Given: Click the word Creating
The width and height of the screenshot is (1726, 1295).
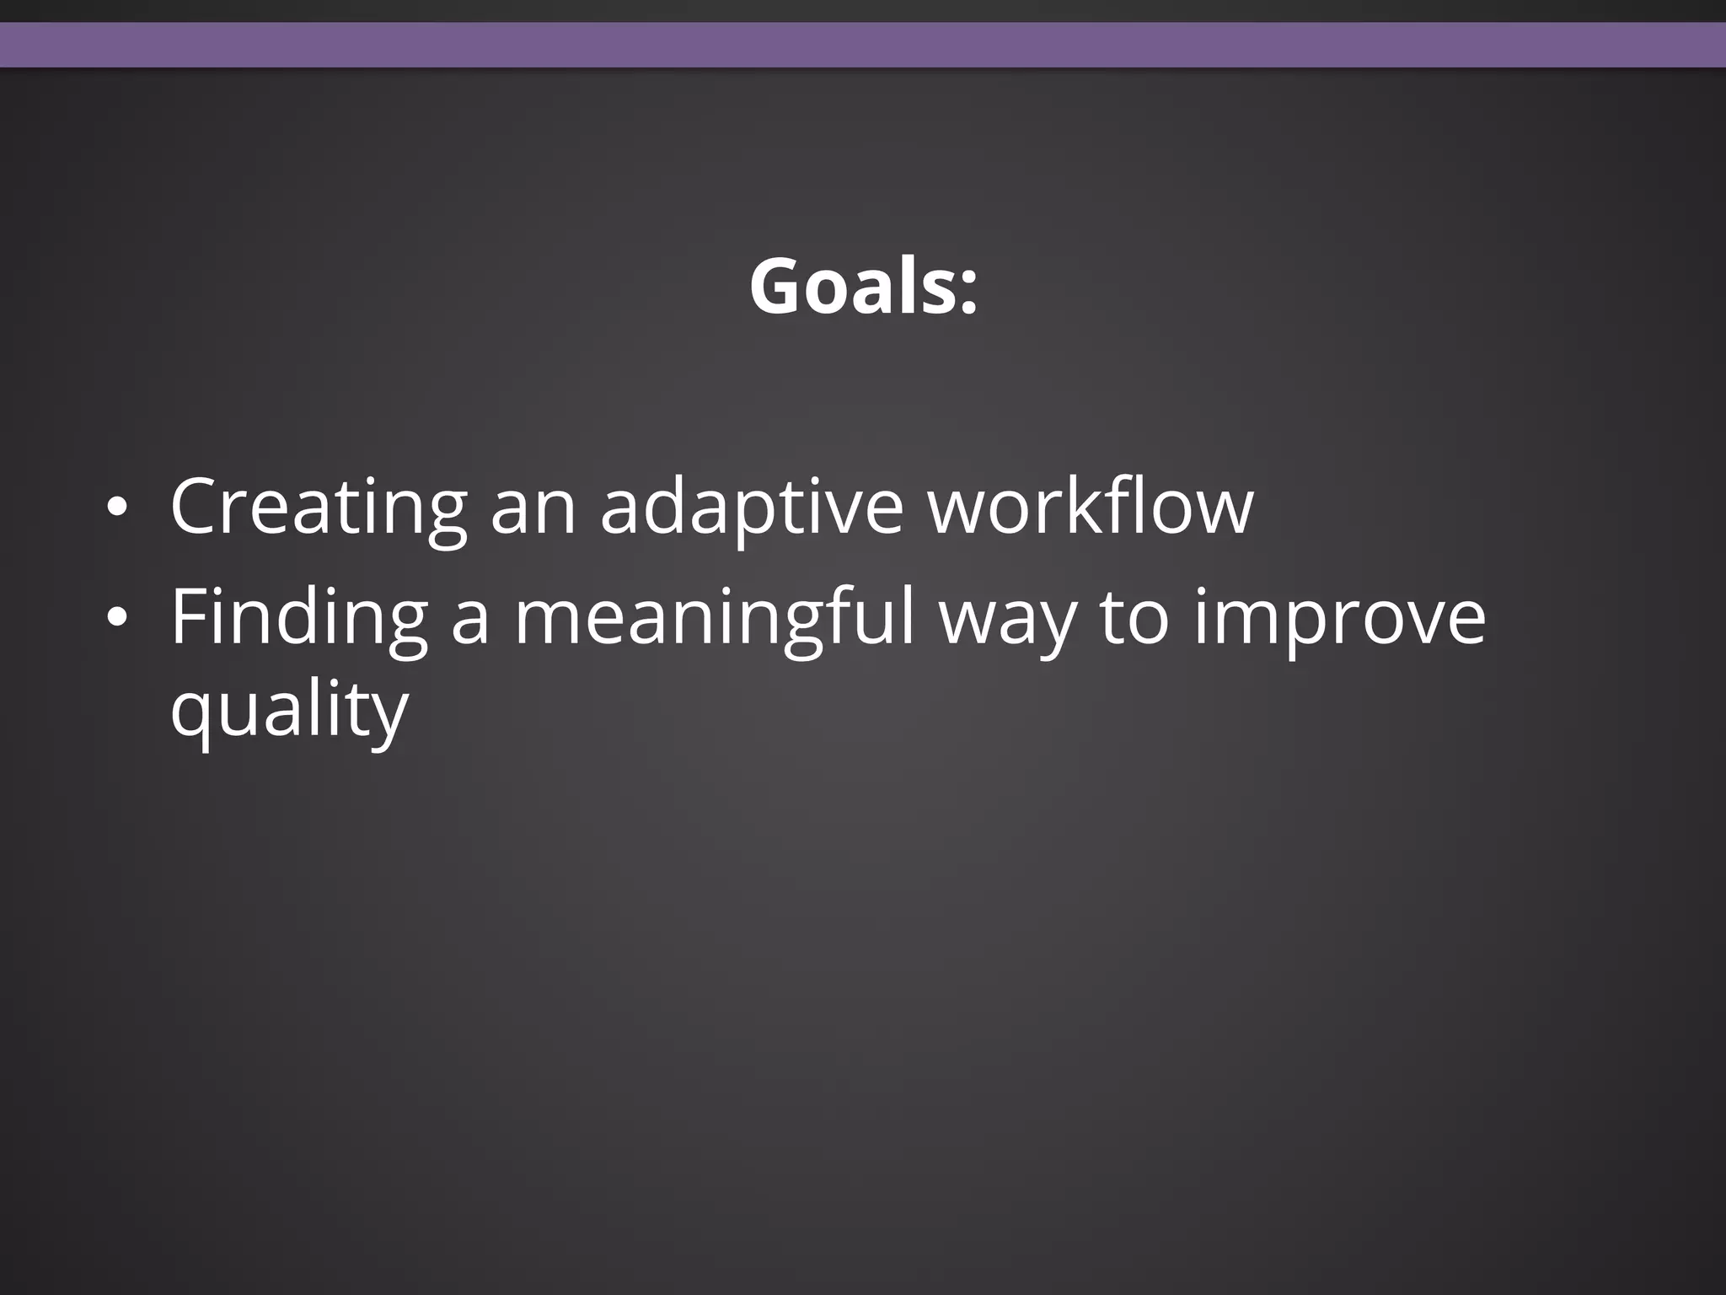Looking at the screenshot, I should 318,508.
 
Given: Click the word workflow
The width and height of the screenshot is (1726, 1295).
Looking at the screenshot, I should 1091,507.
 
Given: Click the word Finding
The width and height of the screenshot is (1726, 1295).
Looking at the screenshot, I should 298,618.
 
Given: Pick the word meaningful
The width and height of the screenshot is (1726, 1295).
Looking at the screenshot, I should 714,618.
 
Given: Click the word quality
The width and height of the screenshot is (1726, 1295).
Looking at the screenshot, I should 289,710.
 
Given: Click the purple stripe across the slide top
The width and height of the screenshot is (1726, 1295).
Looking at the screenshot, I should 863,44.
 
